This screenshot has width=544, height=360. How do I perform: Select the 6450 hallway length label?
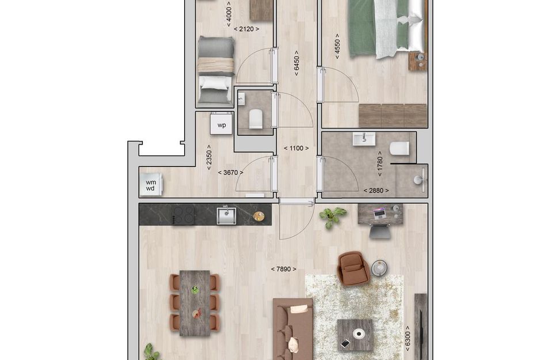click(296, 62)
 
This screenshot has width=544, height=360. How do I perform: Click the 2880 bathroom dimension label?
click(375, 191)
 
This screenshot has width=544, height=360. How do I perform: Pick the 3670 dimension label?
click(230, 172)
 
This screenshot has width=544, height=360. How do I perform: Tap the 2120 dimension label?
click(246, 29)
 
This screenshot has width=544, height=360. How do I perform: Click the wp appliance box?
click(221, 124)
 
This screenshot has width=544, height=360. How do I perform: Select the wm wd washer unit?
click(151, 185)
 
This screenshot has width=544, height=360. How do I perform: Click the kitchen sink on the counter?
click(226, 215)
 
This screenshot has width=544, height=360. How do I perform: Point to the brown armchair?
click(353, 268)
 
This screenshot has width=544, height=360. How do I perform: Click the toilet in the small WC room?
click(256, 120)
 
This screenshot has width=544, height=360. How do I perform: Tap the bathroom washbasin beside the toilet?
click(364, 139)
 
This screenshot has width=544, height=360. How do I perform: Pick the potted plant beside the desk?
click(332, 217)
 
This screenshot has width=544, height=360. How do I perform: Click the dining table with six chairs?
click(195, 302)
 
